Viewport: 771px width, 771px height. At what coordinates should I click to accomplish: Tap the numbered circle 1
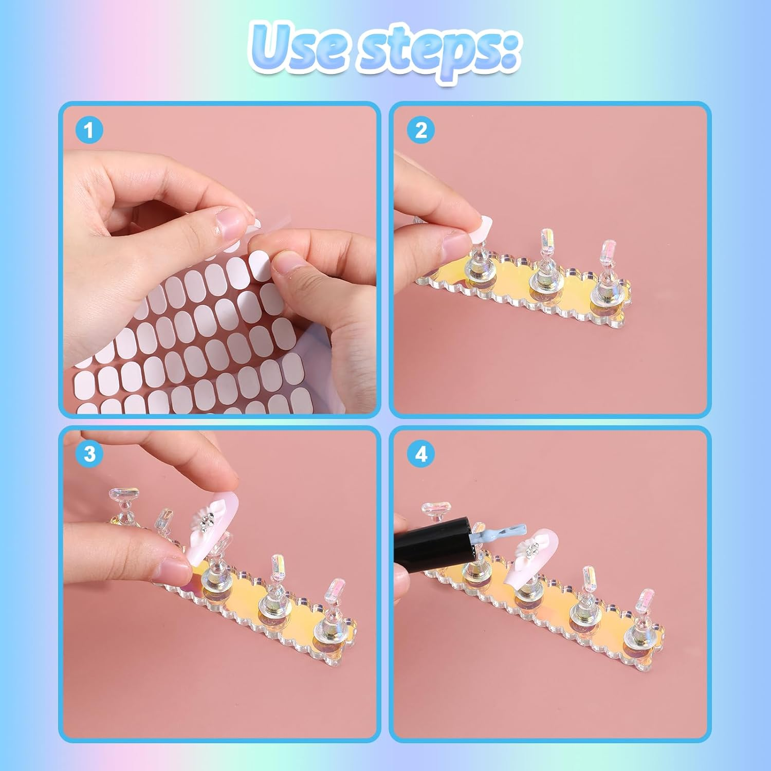[x=89, y=130]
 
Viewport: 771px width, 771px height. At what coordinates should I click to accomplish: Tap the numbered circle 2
[x=421, y=130]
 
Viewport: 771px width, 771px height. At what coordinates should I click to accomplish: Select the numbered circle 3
[x=89, y=454]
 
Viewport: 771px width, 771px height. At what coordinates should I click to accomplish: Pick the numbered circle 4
[x=421, y=454]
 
